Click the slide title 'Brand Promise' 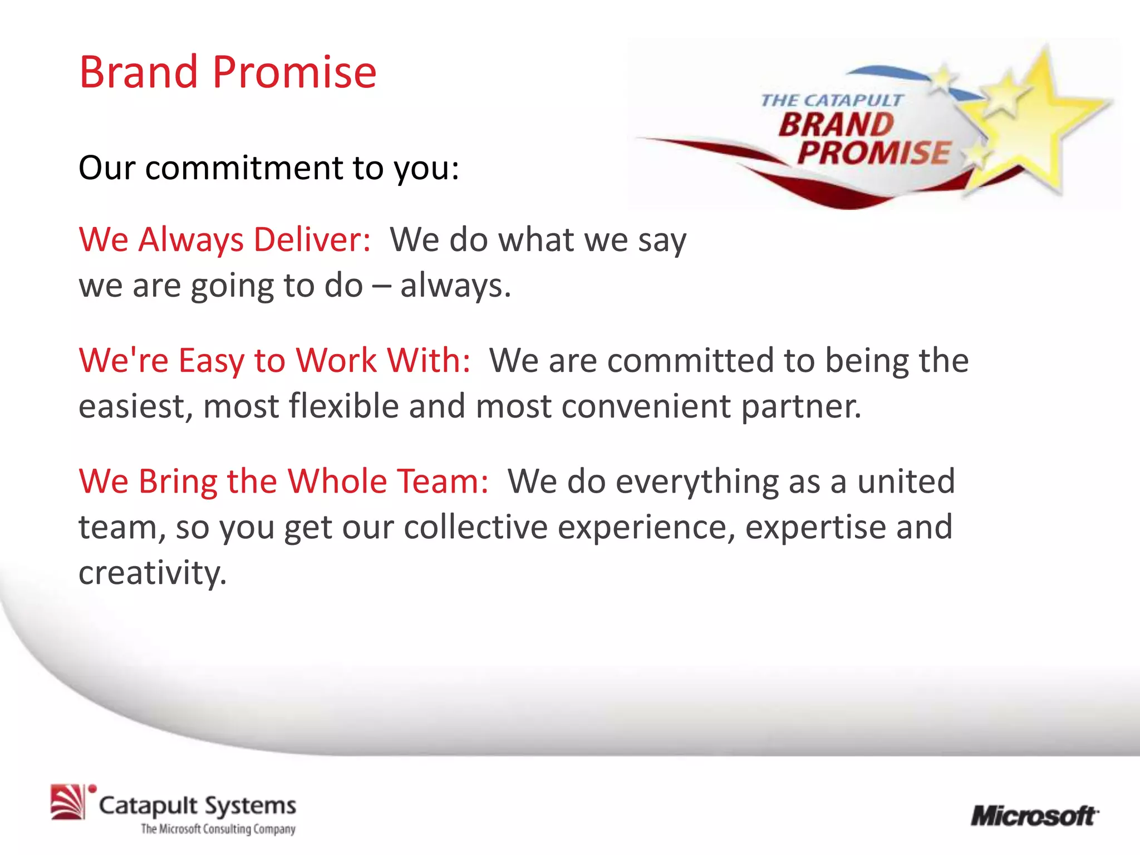228,72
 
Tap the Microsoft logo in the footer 1034,817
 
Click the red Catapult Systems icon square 67,802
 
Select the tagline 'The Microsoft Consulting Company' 218,829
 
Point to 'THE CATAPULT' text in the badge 831,101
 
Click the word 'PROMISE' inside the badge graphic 874,153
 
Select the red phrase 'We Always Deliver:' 225,240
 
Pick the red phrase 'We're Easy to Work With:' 274,360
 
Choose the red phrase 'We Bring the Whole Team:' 283,481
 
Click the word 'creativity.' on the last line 153,573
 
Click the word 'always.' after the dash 455,286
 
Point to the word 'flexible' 343,406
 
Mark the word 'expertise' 815,528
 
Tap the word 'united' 906,481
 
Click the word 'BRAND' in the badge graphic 835,125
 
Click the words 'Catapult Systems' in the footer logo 197,805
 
